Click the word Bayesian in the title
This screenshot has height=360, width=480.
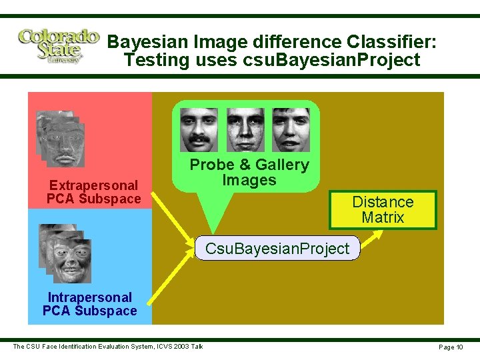(x=148, y=42)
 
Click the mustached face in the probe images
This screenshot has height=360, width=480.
(x=199, y=129)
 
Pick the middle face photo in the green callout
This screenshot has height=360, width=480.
(x=245, y=129)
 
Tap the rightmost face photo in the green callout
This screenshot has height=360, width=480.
(x=291, y=129)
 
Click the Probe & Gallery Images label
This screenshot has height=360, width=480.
(x=249, y=173)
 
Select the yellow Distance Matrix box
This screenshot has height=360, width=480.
(x=382, y=210)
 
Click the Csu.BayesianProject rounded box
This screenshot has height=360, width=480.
(x=277, y=249)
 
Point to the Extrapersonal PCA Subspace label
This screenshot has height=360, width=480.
(x=93, y=192)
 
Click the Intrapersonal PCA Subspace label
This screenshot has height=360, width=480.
(x=89, y=304)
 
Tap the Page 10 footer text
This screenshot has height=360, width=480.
(x=450, y=347)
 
